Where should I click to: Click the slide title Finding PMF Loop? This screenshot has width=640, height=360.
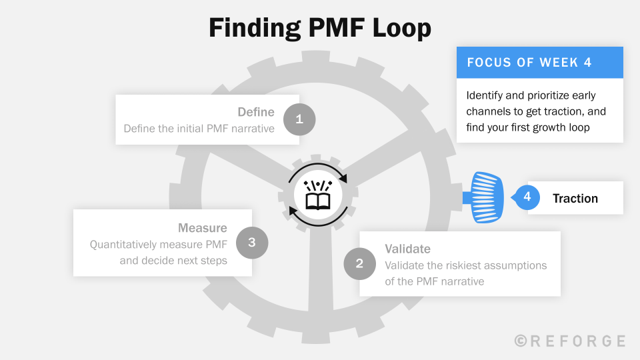(320, 29)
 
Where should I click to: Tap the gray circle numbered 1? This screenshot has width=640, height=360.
(299, 119)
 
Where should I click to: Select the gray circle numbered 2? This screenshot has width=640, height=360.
(359, 263)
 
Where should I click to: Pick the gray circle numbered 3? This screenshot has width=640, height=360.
(251, 242)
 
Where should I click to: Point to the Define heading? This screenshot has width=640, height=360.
(256, 112)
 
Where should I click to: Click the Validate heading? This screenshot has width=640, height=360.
(407, 249)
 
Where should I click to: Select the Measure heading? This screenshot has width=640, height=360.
(202, 228)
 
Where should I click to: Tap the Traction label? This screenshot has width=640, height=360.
(575, 198)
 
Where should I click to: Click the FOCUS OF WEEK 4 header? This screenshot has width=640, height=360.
(529, 63)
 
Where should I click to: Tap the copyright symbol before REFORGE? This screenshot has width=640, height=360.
(521, 341)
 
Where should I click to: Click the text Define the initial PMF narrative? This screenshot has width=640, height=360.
(199, 128)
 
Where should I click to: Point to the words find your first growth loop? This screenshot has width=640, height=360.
(527, 127)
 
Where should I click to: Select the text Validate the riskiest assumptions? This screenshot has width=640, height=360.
(465, 265)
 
